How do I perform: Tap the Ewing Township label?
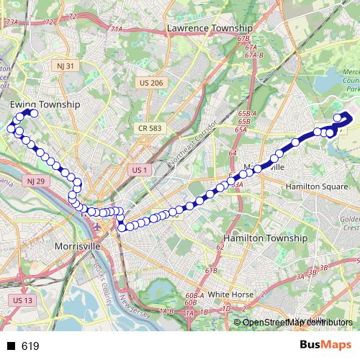[45, 104]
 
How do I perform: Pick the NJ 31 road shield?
[66, 66]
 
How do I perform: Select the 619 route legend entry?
[30, 346]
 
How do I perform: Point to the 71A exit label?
[117, 29]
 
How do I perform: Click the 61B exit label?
[211, 271]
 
